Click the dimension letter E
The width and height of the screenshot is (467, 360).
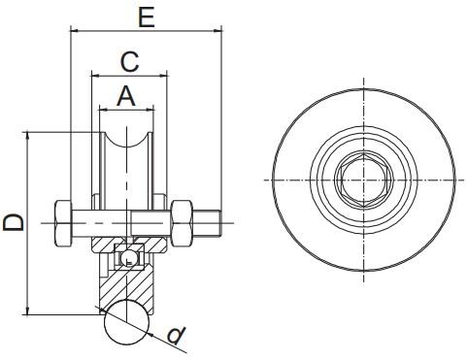coord(147,17)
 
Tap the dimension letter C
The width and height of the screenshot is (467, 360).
coord(130,61)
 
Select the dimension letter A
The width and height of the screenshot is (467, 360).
coord(126,96)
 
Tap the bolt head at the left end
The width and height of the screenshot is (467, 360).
coord(63,223)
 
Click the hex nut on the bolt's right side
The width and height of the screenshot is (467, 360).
coord(182,223)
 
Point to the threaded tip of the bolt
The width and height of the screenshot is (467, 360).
coord(207,223)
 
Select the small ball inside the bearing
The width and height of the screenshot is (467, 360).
coord(127,258)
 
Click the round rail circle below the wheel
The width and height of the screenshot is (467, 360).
coord(127,322)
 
